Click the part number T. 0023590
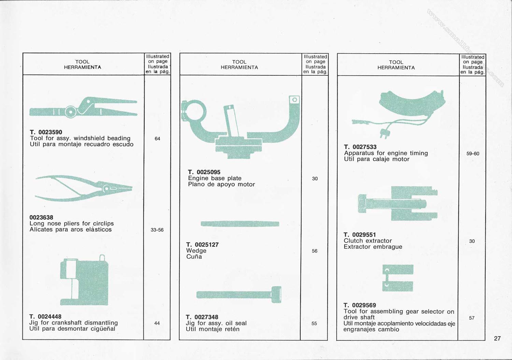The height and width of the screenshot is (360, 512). [x=46, y=132]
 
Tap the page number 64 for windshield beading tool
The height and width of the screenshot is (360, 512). [x=157, y=139]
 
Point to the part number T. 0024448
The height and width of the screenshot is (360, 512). [x=45, y=317]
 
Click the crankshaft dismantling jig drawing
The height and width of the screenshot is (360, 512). [x=85, y=280]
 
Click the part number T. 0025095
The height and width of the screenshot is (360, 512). [x=204, y=172]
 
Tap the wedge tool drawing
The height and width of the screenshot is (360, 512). [x=240, y=224]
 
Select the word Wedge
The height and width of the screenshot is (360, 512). [x=196, y=251]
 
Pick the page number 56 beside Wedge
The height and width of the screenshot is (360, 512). [x=314, y=251]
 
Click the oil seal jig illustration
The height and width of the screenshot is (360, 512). [x=239, y=294]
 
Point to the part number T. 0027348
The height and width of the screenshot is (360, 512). [x=202, y=317]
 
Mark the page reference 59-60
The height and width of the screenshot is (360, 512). [x=473, y=154]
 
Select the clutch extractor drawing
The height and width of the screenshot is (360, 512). [x=398, y=203]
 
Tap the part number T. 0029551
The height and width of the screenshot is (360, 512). [x=360, y=235]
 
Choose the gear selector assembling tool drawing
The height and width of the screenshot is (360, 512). [x=398, y=278]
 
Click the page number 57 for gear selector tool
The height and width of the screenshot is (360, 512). [x=472, y=318]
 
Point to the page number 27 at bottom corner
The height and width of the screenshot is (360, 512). [x=497, y=339]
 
